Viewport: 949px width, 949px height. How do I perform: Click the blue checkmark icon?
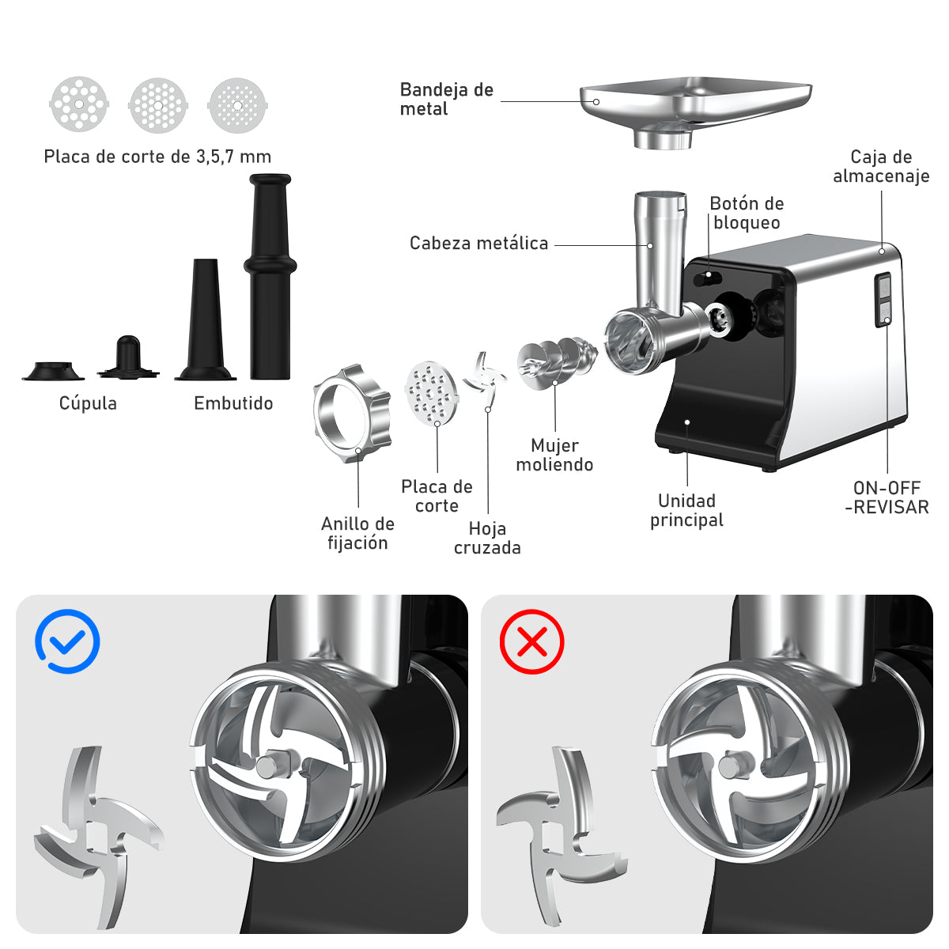[67, 641]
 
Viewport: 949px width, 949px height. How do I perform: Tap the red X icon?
[531, 641]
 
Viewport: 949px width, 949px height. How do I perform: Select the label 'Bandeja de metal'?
[446, 99]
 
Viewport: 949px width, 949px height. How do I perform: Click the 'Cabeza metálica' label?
[478, 243]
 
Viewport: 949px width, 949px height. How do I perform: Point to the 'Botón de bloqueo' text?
[747, 213]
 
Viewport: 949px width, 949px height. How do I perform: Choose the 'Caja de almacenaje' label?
[881, 166]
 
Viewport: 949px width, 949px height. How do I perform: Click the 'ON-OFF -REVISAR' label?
[887, 497]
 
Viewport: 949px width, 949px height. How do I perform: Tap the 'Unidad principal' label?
[686, 510]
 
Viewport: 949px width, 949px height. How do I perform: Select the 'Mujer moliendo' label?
[554, 455]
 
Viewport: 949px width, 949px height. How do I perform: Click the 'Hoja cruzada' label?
[487, 538]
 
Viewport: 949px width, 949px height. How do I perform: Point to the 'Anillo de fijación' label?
[357, 533]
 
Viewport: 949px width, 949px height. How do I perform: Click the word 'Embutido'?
[233, 403]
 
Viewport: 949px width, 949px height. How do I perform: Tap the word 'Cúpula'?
[88, 403]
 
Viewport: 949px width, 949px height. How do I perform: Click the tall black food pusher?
[270, 276]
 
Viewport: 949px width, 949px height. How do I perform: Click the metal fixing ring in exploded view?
[352, 414]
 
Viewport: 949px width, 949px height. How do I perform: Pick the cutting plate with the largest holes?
[79, 104]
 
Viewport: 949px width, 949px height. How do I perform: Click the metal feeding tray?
[695, 112]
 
